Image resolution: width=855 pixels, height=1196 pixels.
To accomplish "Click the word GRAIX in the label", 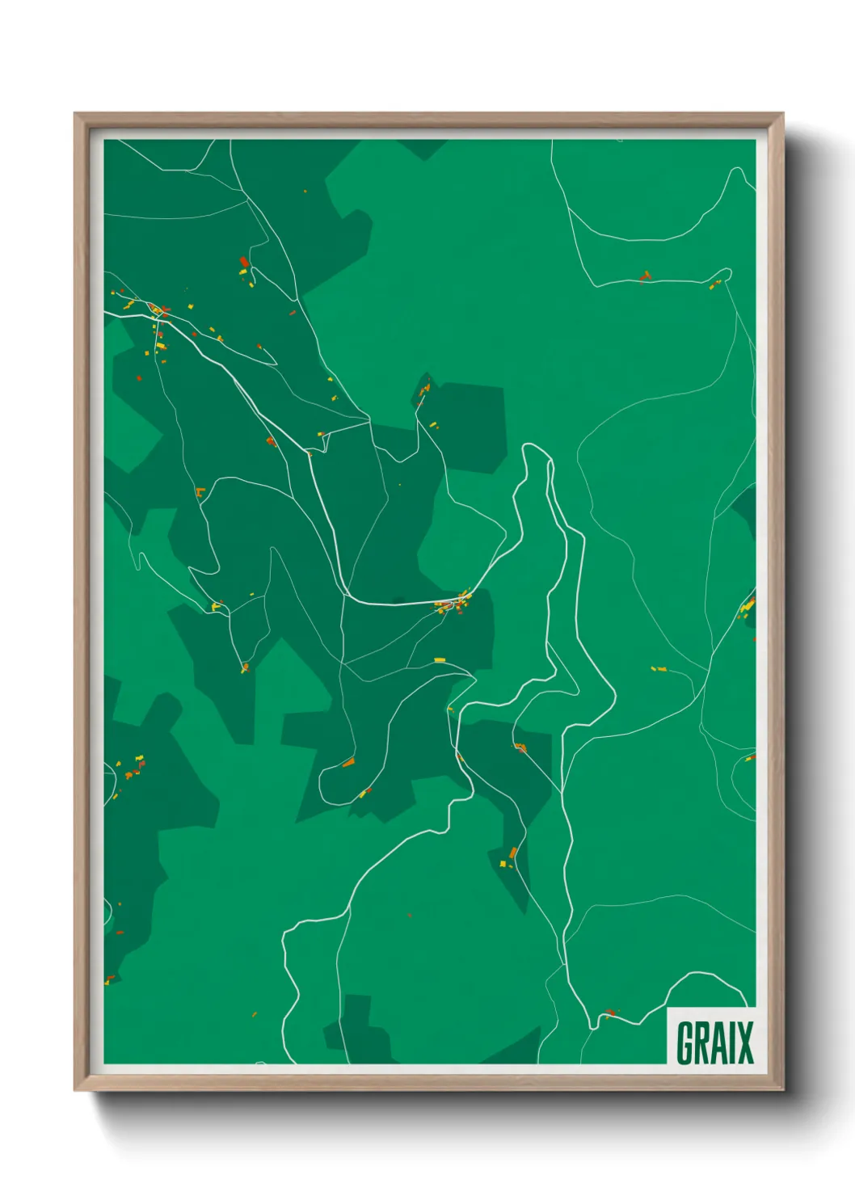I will [714, 1042].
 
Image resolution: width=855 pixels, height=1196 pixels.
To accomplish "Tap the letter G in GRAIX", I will [685, 1042].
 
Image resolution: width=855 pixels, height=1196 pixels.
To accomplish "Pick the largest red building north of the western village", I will [243, 262].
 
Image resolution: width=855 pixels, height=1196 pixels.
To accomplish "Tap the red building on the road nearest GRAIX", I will [610, 1012].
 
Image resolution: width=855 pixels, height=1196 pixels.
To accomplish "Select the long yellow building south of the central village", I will [440, 660].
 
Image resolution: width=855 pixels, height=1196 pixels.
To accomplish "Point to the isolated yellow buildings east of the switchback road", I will [659, 669].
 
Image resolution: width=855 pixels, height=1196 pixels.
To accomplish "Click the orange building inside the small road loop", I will [348, 762].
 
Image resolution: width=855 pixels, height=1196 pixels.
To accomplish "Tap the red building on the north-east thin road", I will [644, 277].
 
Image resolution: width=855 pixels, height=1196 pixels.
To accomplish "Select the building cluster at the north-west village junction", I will [157, 310].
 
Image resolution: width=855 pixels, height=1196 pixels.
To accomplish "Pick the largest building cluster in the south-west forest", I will [131, 767].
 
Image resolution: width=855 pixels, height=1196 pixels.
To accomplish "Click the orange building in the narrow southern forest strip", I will [512, 853].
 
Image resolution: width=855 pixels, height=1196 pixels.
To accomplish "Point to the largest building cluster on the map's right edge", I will [748, 605].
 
